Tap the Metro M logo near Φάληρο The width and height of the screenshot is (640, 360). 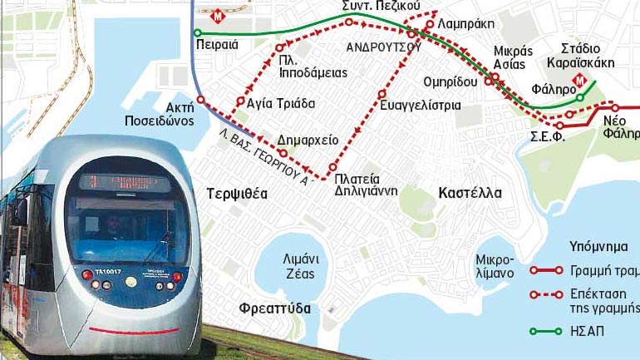click(x=581, y=84)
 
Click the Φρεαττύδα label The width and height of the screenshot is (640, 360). click(x=276, y=308)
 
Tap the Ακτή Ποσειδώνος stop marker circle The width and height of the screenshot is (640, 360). click(x=200, y=100)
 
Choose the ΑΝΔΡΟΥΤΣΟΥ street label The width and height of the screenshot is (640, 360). click(x=384, y=47)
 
